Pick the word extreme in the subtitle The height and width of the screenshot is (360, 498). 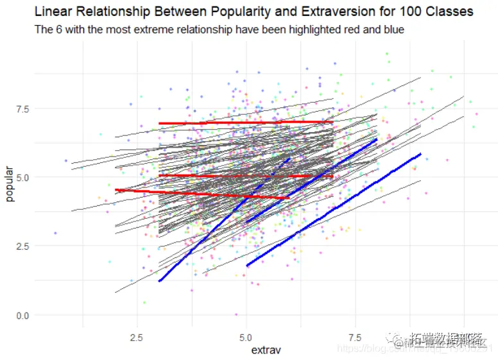[x=144, y=30]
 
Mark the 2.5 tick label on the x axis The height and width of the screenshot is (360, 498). [x=136, y=336]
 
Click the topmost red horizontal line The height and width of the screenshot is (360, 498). [x=244, y=123]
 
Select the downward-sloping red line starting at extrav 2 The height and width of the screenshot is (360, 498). [x=193, y=193]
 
